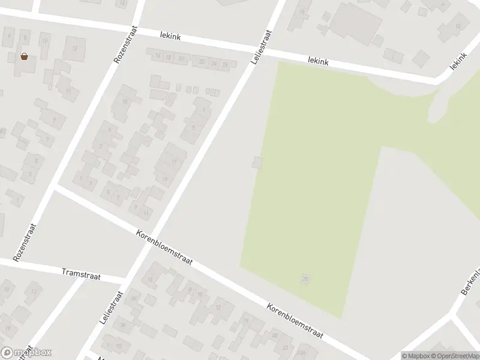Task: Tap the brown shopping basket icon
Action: click(24, 57)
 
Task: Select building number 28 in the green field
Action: click(306, 278)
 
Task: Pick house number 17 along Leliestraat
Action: click(174, 161)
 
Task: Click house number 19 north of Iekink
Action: click(301, 11)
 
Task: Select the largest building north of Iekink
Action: click(355, 23)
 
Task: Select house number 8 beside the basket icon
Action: click(25, 37)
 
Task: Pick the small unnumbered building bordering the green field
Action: click(257, 162)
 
